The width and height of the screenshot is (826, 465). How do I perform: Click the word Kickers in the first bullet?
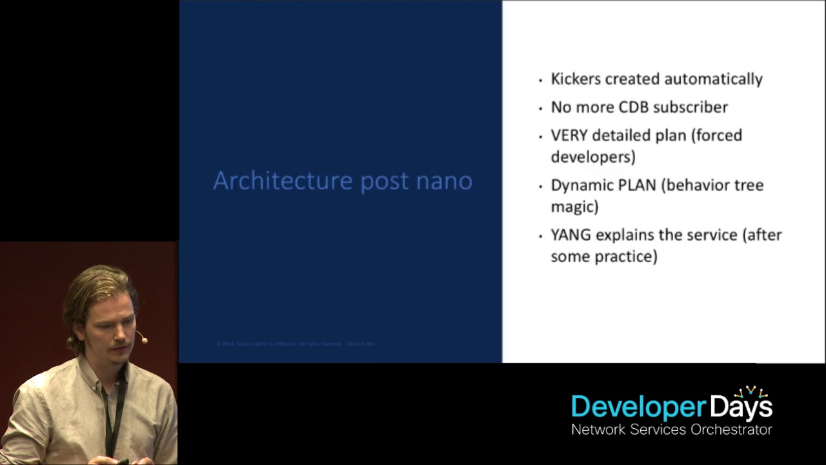click(x=573, y=79)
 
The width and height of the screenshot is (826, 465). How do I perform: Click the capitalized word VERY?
click(x=569, y=136)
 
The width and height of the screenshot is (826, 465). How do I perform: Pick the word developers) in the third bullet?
click(x=592, y=157)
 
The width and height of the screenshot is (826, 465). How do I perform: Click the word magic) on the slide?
click(x=574, y=207)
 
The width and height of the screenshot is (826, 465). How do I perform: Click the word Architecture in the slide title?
click(x=283, y=181)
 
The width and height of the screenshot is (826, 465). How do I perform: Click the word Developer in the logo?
click(x=638, y=408)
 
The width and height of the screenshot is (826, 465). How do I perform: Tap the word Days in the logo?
click(x=741, y=408)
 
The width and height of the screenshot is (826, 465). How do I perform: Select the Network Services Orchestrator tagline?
click(x=671, y=429)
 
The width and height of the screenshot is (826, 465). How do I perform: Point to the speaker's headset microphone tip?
click(x=145, y=340)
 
